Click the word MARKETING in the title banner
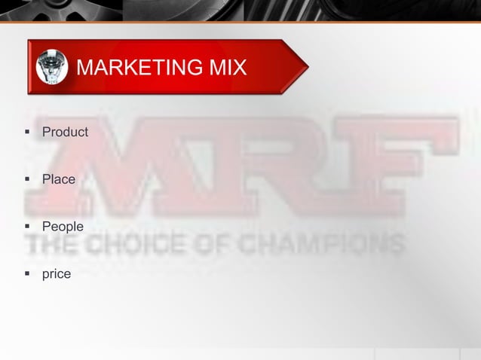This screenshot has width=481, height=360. pyautogui.click(x=133, y=68)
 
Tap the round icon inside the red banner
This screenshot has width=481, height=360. pyautogui.click(x=52, y=66)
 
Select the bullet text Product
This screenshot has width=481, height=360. pyautogui.click(x=65, y=133)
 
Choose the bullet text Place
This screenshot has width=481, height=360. pyautogui.click(x=58, y=179)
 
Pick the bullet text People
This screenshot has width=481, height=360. pyautogui.click(x=63, y=226)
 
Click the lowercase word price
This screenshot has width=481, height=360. pyautogui.click(x=57, y=273)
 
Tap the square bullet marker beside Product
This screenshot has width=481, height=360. pyautogui.click(x=27, y=133)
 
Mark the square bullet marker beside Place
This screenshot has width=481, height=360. pyautogui.click(x=27, y=179)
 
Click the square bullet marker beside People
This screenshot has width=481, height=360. pyautogui.click(x=27, y=226)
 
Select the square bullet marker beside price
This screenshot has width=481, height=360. pyautogui.click(x=27, y=273)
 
